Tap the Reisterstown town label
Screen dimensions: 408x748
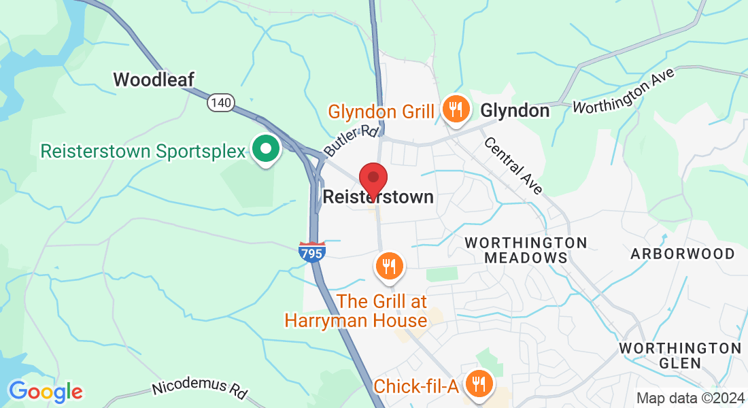tap(378, 197)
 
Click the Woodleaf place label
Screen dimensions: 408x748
tap(154, 80)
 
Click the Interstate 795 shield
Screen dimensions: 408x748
tap(311, 252)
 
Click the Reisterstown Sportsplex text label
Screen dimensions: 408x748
tap(142, 150)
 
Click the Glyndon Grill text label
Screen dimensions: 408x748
tap(381, 111)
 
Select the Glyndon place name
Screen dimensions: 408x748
tap(515, 111)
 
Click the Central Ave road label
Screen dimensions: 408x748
tap(513, 165)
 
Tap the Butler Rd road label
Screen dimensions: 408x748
tap(351, 140)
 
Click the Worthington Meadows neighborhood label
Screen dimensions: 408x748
tap(526, 250)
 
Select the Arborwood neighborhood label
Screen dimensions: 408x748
tap(682, 254)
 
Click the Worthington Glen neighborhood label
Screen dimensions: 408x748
tap(680, 356)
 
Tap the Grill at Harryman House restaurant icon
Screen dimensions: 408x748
tap(389, 266)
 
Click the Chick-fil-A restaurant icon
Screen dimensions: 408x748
tap(480, 383)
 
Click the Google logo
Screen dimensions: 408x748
tap(46, 392)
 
